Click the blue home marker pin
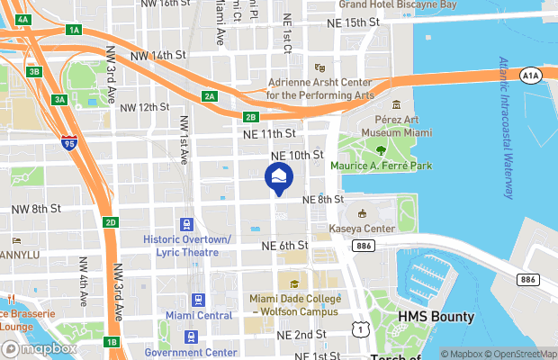278,176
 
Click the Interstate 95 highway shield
69,141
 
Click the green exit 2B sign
252,116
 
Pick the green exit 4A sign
23,19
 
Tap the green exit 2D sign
111,222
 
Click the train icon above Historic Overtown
187,225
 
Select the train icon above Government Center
191,337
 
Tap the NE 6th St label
285,245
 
